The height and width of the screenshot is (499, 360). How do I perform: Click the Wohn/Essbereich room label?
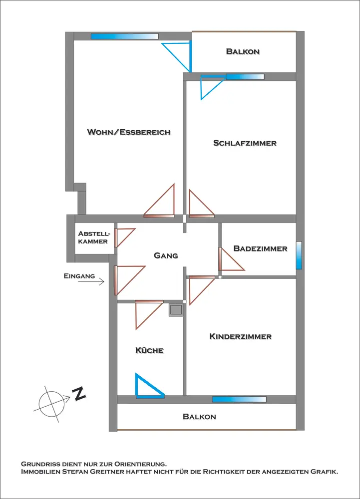129,132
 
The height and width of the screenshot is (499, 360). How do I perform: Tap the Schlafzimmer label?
245,143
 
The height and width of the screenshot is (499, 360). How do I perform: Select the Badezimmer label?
260,249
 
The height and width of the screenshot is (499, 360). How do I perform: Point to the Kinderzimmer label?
240,336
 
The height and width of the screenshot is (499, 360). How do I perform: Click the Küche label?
149,350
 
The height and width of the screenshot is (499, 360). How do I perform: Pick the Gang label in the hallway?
166,255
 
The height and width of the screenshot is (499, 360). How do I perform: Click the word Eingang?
79,275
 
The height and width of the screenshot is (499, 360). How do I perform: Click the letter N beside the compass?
79,395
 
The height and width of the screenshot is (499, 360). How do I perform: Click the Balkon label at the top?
243,51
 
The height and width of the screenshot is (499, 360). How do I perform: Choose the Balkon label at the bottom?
199,416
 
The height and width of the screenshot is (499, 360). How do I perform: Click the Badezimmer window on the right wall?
299,255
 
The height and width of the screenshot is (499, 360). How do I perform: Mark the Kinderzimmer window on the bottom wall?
239,399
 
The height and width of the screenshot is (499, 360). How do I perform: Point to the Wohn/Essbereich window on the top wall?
124,36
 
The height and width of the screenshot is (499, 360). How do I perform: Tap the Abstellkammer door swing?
124,237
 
